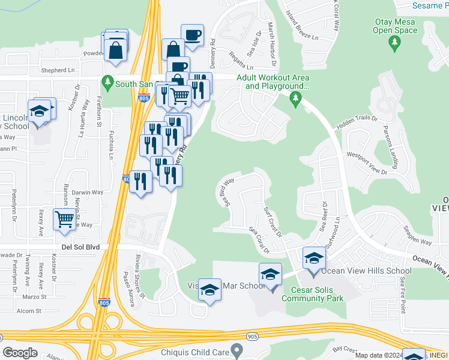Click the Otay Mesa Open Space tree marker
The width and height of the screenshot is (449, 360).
point(394,42)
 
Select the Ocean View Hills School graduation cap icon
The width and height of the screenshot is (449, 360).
point(313,259)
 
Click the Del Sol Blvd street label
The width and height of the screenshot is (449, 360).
point(79,247)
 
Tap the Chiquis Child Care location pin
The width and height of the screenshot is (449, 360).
point(238,349)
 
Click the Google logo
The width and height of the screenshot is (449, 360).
point(20,352)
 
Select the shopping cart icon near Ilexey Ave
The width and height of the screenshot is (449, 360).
point(64,218)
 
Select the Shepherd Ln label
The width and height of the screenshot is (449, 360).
point(57,70)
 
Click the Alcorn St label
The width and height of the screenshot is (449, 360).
point(29,311)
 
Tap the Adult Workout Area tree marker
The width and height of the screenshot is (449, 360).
point(296,98)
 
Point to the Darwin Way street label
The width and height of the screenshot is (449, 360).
point(88,193)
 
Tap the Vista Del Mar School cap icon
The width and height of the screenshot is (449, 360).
point(209,289)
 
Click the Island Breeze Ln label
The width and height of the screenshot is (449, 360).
point(302,26)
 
